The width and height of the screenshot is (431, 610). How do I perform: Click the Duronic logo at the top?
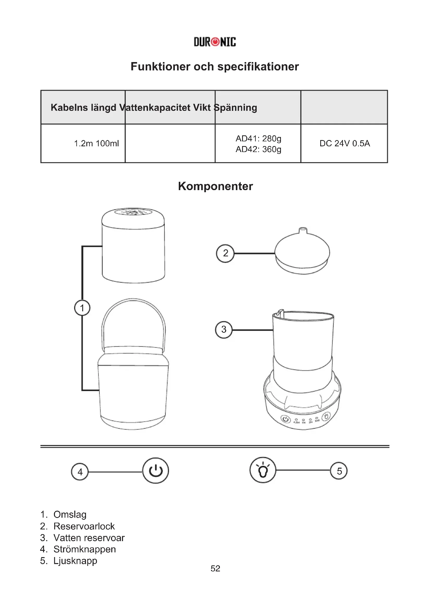(215, 42)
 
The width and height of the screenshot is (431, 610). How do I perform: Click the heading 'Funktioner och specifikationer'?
(215, 67)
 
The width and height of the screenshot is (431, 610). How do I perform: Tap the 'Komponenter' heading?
(215, 186)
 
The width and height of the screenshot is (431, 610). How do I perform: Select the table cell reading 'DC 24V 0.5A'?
(344, 143)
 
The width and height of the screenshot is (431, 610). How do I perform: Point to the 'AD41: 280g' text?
(258, 138)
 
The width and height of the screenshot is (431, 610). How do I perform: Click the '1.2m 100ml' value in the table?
(96, 143)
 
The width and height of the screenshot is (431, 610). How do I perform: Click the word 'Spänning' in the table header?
(236, 108)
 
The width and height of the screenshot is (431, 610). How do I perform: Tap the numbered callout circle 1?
(82, 308)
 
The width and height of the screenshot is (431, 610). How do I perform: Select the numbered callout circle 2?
(225, 253)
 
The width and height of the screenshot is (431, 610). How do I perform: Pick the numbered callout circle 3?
(224, 329)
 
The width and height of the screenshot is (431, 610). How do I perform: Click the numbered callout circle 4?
(80, 472)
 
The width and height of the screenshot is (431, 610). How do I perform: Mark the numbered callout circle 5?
(339, 471)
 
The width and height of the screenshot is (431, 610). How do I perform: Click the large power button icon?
(156, 470)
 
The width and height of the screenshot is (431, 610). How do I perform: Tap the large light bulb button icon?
(263, 470)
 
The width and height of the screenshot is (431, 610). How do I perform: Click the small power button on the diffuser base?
(285, 419)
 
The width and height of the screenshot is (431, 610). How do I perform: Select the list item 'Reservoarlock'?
(84, 526)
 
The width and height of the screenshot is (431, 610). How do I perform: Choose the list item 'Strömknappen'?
(84, 549)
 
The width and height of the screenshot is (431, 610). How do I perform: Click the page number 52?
(215, 568)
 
